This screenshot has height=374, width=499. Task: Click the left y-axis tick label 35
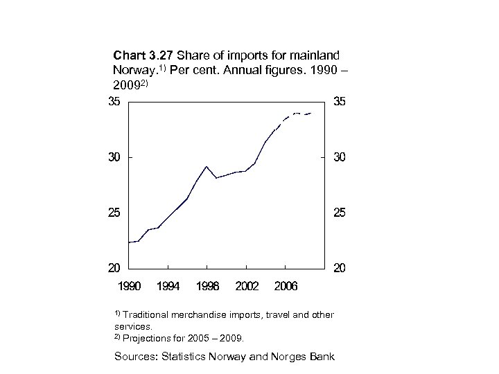pyautogui.click(x=114, y=102)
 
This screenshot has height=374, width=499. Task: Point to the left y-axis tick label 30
pyautogui.click(x=114, y=157)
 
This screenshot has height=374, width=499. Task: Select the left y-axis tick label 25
pyautogui.click(x=114, y=213)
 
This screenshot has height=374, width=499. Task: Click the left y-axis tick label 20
pyautogui.click(x=114, y=267)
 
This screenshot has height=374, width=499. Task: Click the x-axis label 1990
pyautogui.click(x=130, y=285)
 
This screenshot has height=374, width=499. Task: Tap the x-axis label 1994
pyautogui.click(x=168, y=285)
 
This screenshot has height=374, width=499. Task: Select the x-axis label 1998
pyautogui.click(x=207, y=285)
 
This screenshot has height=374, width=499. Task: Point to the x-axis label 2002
pyautogui.click(x=247, y=285)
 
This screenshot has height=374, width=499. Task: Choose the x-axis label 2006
pyautogui.click(x=286, y=285)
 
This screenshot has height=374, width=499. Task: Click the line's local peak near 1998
pyautogui.click(x=207, y=166)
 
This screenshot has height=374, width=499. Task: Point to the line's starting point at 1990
pyautogui.click(x=130, y=242)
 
